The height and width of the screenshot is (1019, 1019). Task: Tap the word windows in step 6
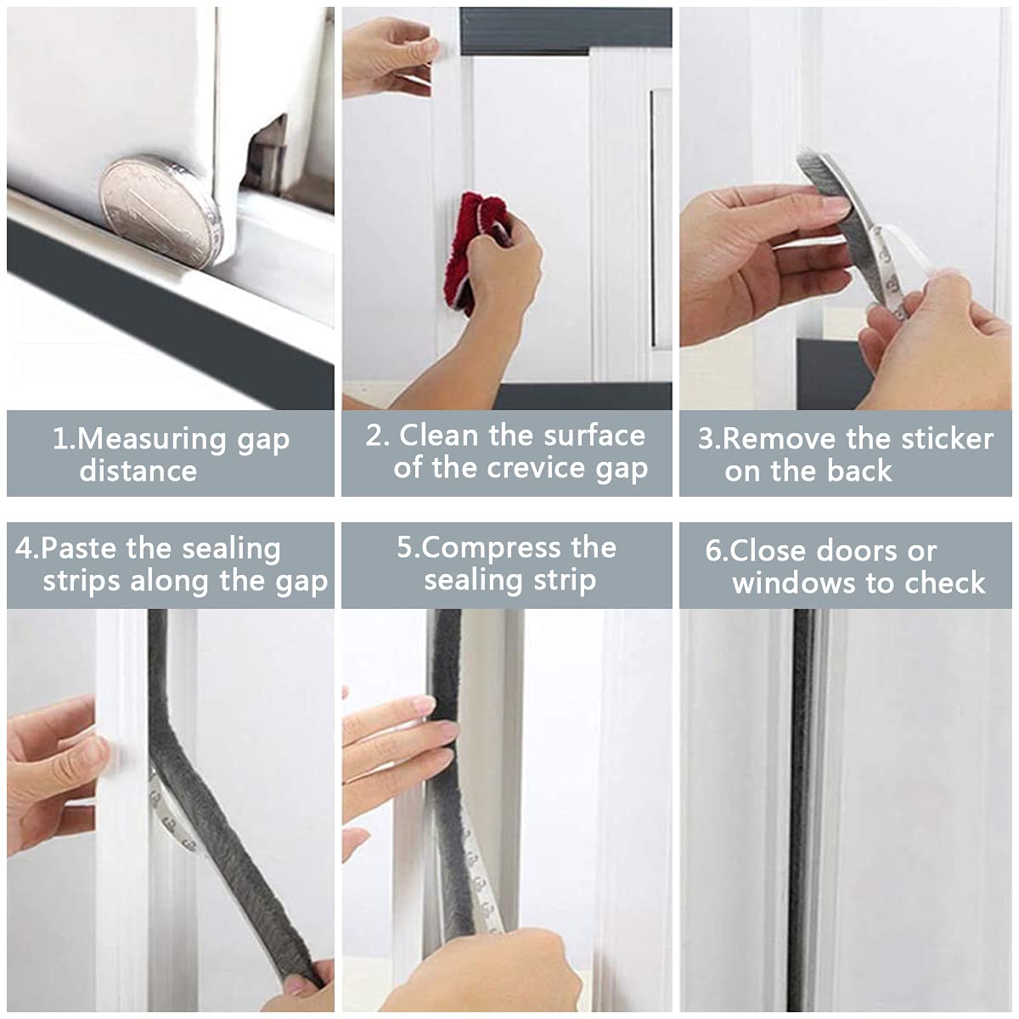coord(781,583)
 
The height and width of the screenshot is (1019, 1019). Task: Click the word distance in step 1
coord(138,471)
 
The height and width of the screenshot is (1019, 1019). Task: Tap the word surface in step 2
coord(594,436)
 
